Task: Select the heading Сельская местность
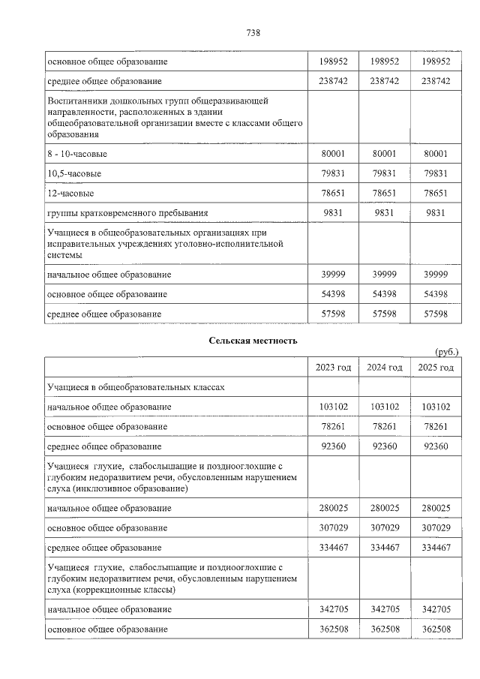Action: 253,340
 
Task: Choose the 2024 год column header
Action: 384,367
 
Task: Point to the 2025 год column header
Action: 436,367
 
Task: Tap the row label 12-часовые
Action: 70,193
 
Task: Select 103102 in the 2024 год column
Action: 384,407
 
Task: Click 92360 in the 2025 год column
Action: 436,446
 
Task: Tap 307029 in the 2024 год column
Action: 384,528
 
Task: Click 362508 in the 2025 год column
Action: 436,629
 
